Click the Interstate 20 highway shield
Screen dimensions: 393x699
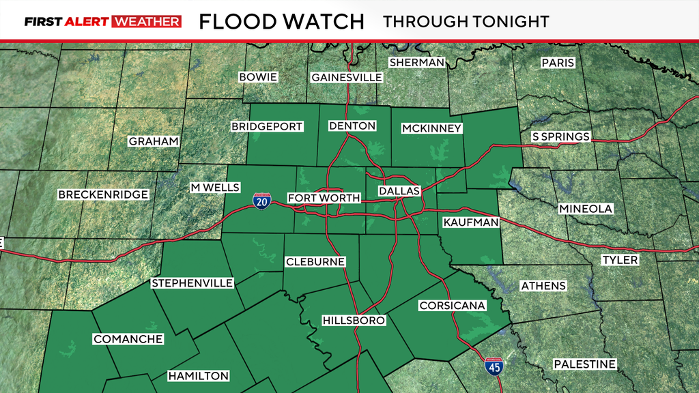click(262, 201)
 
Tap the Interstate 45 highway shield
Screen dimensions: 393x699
click(491, 366)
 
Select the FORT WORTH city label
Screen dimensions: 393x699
click(324, 198)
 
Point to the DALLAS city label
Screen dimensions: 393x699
click(399, 191)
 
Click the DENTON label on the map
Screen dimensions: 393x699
click(352, 126)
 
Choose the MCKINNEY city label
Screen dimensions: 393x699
click(431, 128)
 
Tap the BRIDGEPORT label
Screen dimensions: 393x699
click(267, 126)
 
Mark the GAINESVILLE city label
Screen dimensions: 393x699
click(346, 77)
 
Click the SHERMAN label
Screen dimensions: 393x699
click(416, 62)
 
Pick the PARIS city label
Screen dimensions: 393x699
click(558, 63)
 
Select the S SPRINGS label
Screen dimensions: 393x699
click(560, 136)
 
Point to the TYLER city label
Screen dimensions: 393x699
click(620, 260)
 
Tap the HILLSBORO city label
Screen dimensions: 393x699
click(354, 320)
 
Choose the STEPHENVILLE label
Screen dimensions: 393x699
click(192, 283)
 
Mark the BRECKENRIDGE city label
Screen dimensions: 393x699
click(103, 194)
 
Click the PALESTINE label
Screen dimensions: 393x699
click(584, 364)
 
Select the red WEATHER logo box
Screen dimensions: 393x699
click(147, 21)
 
